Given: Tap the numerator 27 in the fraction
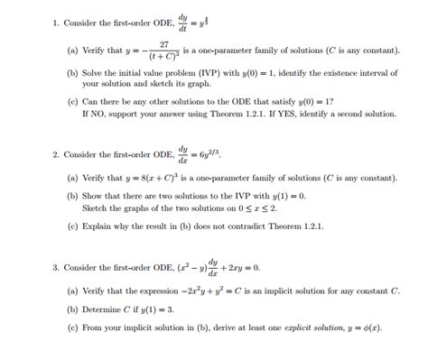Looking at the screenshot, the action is click(163, 43).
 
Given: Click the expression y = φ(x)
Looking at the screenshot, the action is click(359, 327).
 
